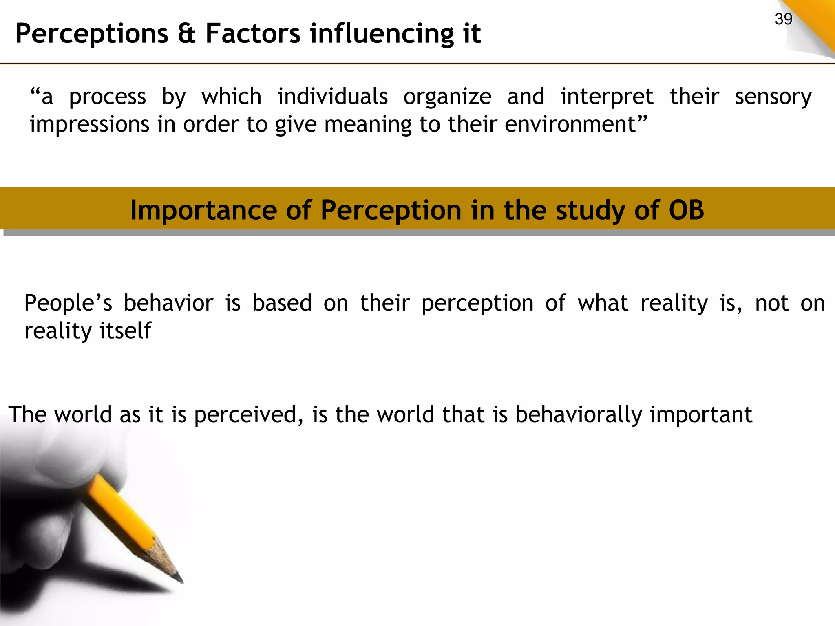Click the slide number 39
[x=783, y=19]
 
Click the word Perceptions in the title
[x=92, y=33]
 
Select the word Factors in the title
[x=253, y=33]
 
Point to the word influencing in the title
[x=382, y=33]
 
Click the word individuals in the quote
[x=332, y=97]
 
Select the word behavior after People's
[x=168, y=304]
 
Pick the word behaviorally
[x=579, y=415]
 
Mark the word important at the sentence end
[x=701, y=415]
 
